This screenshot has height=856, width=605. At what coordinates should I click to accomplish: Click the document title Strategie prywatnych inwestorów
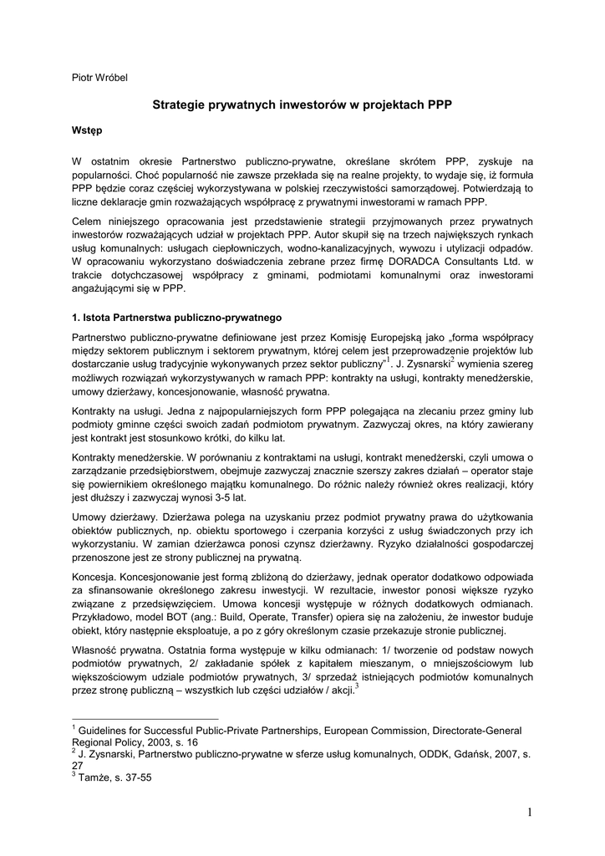click(x=302, y=107)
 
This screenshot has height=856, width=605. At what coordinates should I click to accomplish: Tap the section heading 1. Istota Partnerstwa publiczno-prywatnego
click(x=178, y=318)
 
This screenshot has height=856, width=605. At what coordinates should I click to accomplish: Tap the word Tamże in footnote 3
click(x=97, y=777)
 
